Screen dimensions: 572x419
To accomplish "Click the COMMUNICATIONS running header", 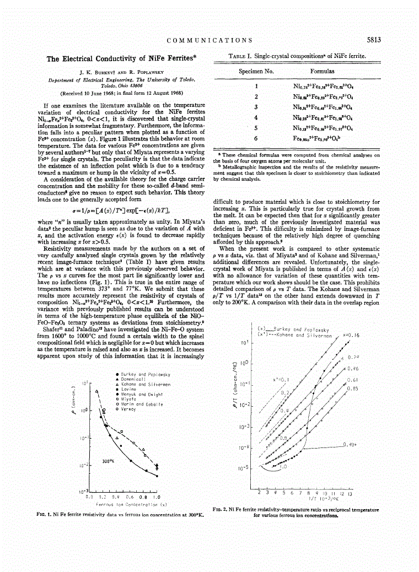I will tap(209, 40).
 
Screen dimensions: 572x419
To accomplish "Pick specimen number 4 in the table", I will tap(256, 117).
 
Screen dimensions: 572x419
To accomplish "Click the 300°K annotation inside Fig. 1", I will tap(108, 461).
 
